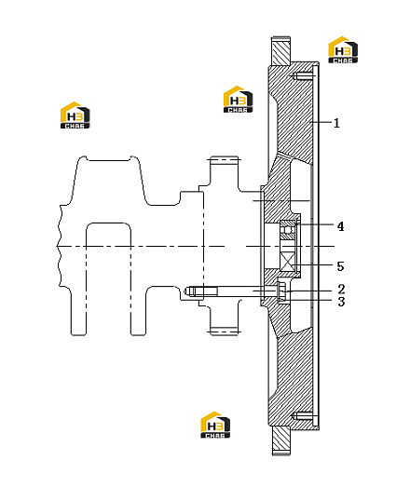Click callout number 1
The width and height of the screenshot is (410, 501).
[336, 123]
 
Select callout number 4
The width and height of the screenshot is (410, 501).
[341, 226]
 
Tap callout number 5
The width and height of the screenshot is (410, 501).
[341, 266]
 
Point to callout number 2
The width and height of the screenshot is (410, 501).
[341, 290]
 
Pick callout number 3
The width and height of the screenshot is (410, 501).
[341, 302]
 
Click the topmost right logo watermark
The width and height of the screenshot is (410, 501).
[343, 50]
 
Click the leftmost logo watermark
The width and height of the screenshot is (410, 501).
[75, 115]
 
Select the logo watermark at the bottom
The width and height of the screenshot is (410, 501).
[215, 425]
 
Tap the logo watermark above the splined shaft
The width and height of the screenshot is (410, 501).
[238, 100]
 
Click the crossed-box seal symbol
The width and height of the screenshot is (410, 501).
[288, 260]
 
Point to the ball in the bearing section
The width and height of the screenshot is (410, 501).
[288, 230]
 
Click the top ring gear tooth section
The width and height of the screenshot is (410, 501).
[281, 51]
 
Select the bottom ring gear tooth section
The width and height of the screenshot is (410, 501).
[281, 440]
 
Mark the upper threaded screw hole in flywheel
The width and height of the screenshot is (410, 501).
[302, 76]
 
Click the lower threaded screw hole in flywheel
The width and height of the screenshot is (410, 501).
[304, 416]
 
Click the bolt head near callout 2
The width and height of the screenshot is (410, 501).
[281, 291]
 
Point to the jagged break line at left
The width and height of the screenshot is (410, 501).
[60, 245]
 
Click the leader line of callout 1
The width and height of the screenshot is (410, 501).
[321, 122]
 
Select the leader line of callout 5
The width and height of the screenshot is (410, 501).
[314, 264]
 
